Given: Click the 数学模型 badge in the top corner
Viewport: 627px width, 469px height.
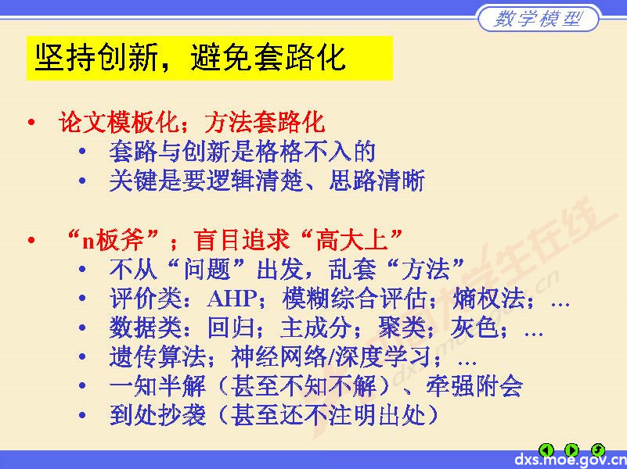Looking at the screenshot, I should [539, 19].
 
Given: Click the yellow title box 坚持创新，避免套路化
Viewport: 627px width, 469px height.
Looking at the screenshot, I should [209, 58].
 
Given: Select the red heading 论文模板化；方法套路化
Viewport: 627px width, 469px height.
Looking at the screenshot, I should [191, 122].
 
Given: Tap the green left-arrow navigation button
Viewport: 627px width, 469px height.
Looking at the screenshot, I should [547, 449].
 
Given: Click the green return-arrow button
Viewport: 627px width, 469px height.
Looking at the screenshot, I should [597, 449].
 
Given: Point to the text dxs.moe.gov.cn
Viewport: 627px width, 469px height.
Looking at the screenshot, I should [570, 460].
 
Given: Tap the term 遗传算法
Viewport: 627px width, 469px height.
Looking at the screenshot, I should [158, 357].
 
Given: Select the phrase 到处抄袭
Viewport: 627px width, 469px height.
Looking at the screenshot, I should [158, 415].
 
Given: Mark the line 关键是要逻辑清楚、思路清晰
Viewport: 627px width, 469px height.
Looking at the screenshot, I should [267, 181].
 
